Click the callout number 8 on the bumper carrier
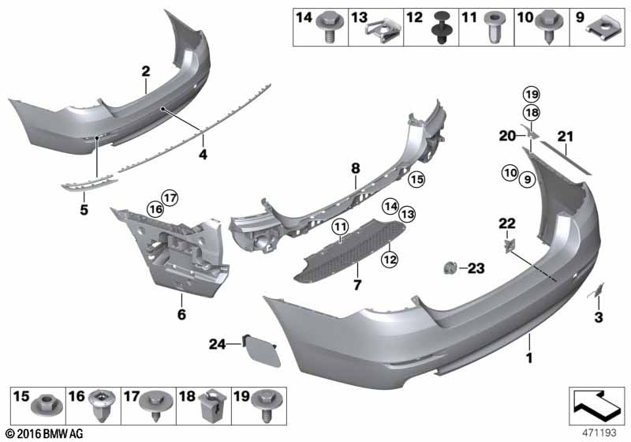pos(355,167)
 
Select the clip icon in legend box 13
pos(382,30)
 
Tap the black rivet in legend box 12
pos(439,31)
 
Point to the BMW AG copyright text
pos(43,433)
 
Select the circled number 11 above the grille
pos(341,228)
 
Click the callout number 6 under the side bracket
pos(181,314)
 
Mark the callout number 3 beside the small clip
pos(598,317)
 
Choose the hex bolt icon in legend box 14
pos(327,30)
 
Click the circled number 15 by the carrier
pos(416,180)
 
